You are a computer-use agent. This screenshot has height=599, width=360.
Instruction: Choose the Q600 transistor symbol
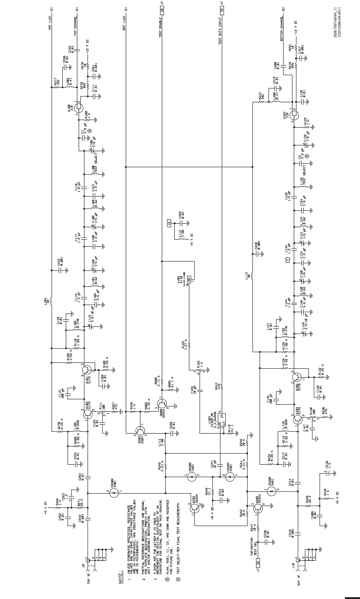163,402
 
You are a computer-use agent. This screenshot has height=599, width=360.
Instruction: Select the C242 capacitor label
60,263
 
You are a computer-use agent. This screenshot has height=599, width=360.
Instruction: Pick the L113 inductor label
247,276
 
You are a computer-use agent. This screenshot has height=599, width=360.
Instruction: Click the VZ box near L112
169,223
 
